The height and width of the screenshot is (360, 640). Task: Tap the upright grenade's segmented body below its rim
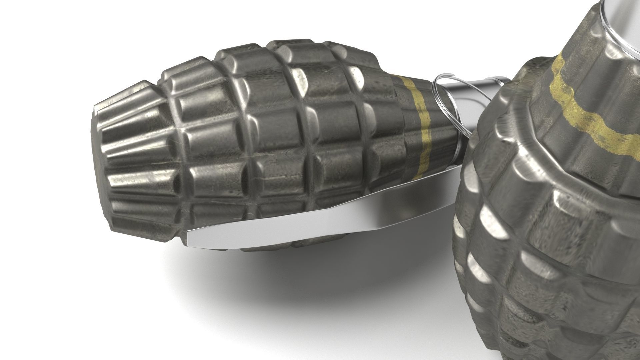pyautogui.click(x=533, y=267)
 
